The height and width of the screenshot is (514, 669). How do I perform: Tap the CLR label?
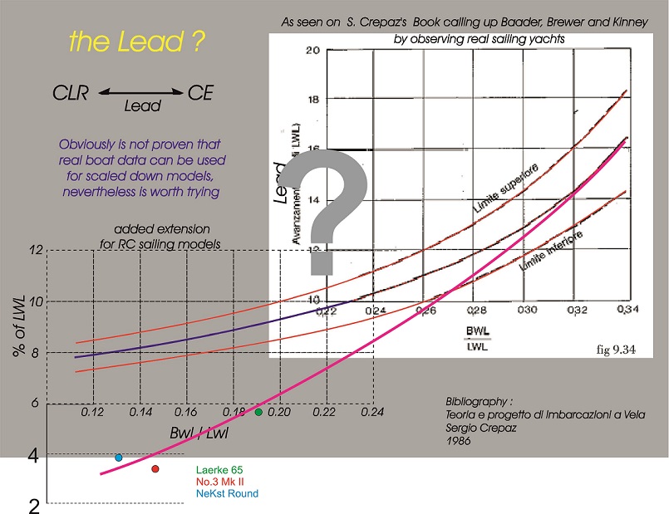tap(71, 92)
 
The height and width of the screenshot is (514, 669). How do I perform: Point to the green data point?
tap(258, 412)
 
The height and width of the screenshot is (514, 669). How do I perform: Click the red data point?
tap(155, 469)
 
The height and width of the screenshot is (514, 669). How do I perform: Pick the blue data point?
tap(119, 458)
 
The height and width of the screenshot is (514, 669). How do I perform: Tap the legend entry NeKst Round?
tap(227, 493)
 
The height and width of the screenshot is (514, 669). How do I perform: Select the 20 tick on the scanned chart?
tap(312, 51)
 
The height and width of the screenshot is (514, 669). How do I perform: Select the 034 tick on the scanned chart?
tap(620, 309)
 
